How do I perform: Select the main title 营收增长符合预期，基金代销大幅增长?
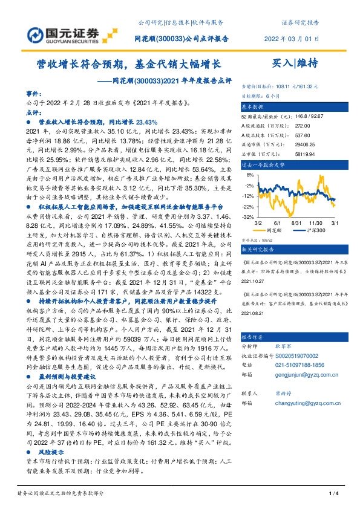130,63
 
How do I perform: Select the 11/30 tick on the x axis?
316,222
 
